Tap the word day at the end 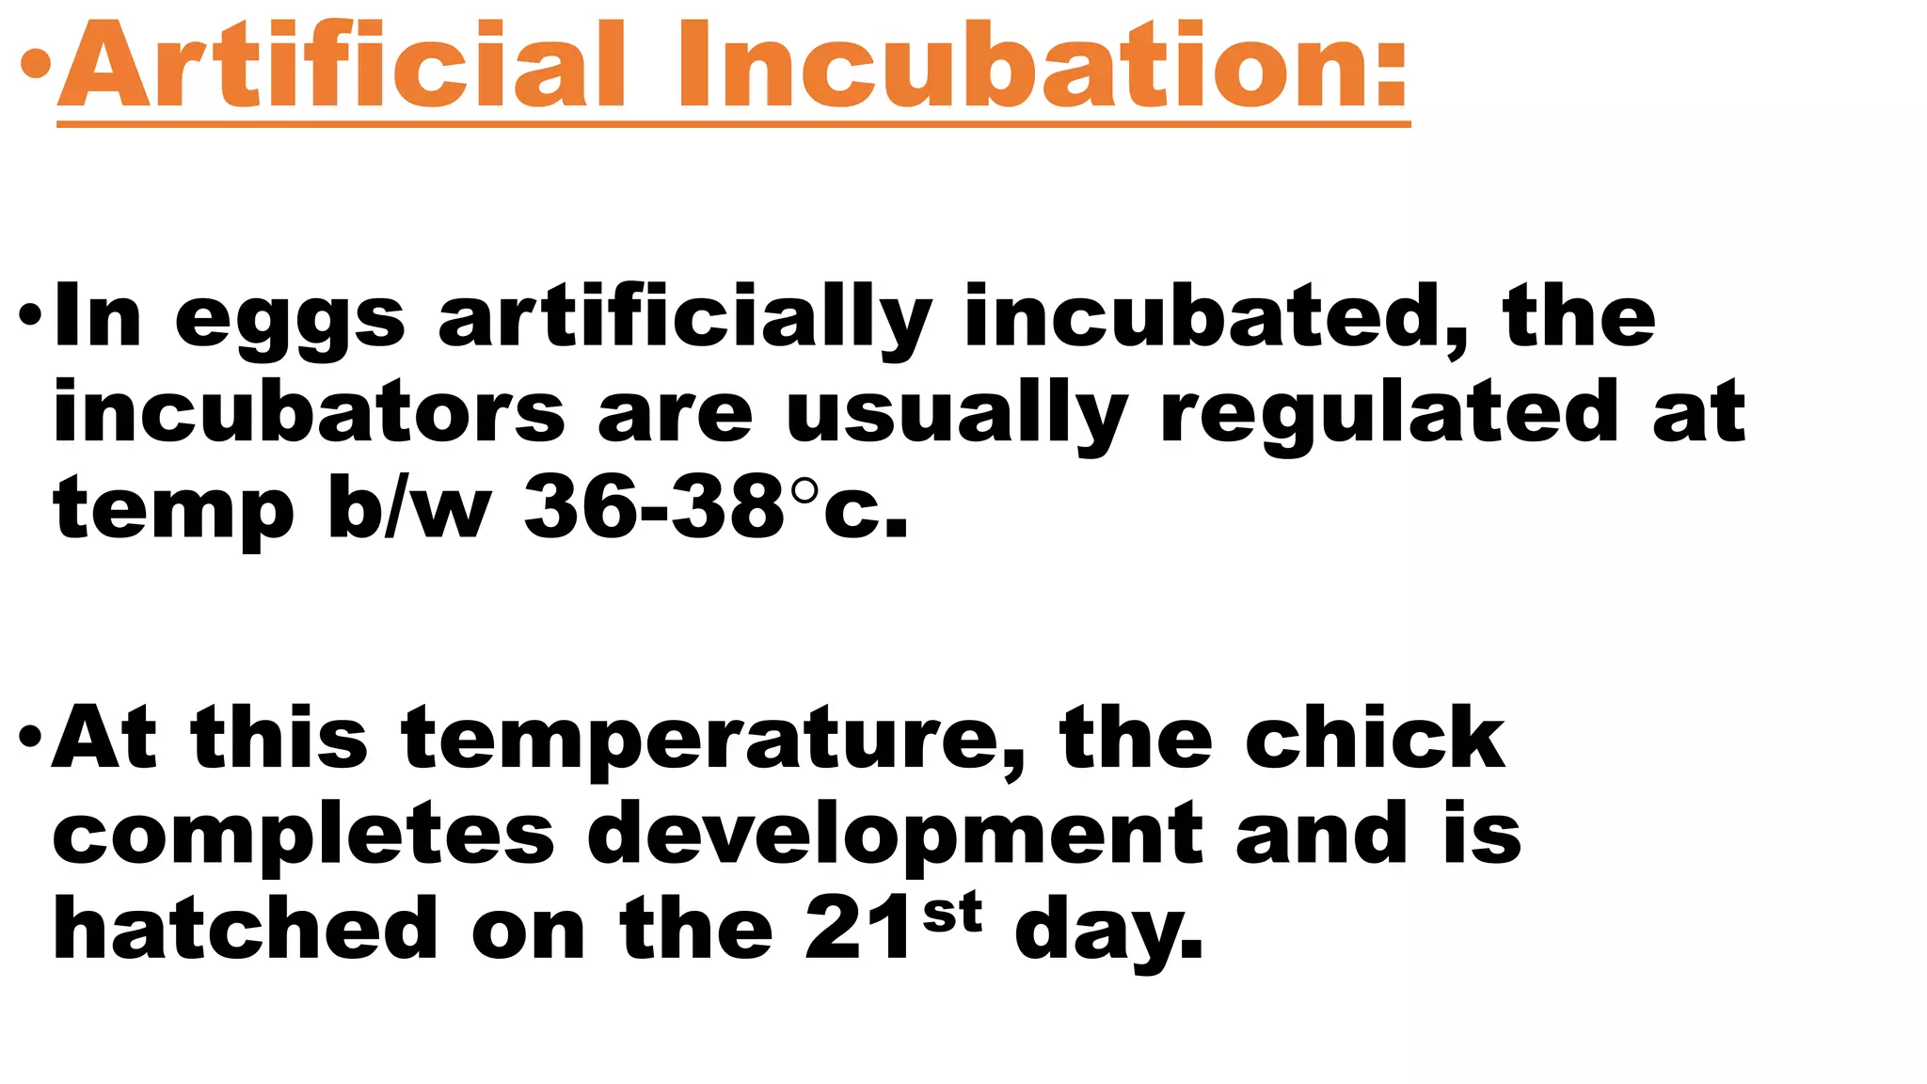coord(1108,932)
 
